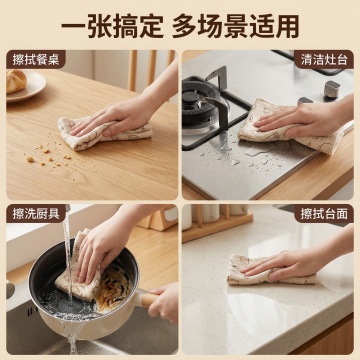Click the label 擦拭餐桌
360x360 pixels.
click(36, 60)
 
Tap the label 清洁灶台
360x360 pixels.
click(324, 60)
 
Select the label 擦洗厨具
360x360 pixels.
click(36, 214)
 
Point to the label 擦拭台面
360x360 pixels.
click(324, 214)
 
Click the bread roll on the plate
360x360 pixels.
click(16, 81)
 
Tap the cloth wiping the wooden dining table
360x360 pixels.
click(103, 133)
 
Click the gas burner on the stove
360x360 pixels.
click(200, 100)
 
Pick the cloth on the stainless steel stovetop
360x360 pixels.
click(287, 128)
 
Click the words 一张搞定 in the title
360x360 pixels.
click(112, 26)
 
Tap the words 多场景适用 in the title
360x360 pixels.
click(235, 26)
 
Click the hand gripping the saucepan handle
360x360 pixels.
click(164, 303)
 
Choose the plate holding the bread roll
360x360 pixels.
click(27, 87)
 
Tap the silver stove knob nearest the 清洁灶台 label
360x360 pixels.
click(332, 89)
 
